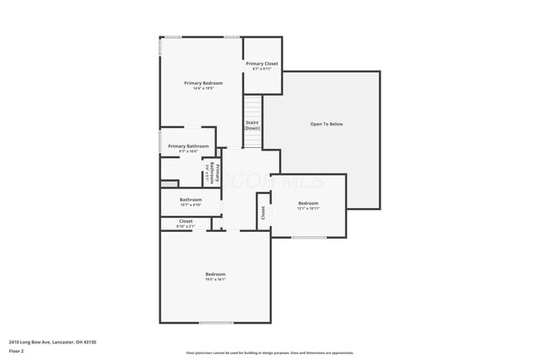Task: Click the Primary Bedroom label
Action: point(204,83)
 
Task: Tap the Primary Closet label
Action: point(262,64)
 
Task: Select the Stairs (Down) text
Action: point(253,126)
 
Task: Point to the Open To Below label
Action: point(326,124)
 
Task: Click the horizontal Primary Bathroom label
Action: point(188,146)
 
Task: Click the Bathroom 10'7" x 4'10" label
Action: point(191,200)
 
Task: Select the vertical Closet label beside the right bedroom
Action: point(263,213)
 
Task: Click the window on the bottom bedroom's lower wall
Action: point(216,323)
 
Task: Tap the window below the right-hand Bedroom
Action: point(308,238)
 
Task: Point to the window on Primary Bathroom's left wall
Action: point(160,142)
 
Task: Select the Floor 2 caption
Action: point(17,352)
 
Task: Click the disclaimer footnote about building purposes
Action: point(269,353)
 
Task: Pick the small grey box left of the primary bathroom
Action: point(169,184)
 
